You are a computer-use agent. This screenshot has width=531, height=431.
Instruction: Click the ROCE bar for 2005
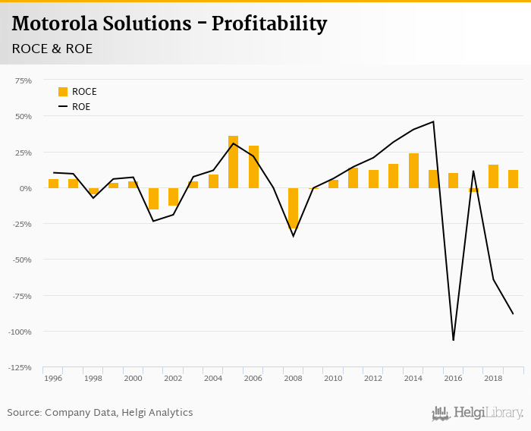pos(234,162)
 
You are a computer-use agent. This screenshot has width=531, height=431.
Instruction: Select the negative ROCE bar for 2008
pos(294,208)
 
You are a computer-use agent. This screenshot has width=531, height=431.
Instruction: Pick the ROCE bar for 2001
pos(153,198)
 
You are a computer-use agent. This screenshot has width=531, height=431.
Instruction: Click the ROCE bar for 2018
pos(493,176)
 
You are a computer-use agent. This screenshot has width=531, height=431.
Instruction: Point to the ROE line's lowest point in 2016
pos(454,339)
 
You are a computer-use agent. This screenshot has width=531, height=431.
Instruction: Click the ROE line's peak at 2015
pos(433,121)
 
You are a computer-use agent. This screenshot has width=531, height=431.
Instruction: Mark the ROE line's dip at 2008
pos(294,236)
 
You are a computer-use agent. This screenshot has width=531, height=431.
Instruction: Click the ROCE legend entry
pos(77,92)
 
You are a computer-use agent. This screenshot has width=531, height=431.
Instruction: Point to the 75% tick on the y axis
pos(23,80)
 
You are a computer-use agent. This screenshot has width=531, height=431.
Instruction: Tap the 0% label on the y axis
pos(26,188)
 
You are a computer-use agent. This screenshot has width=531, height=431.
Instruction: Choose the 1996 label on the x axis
pos(53,378)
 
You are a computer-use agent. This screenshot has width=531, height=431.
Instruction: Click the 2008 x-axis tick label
pos(294,378)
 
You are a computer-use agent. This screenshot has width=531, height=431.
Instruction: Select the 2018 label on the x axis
pos(493,378)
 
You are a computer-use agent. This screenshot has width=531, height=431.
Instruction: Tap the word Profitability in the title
pos(269,24)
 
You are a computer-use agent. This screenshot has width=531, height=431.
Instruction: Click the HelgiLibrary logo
pos(478,413)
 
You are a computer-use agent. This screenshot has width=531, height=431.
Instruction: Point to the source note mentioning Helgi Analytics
pos(100,413)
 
